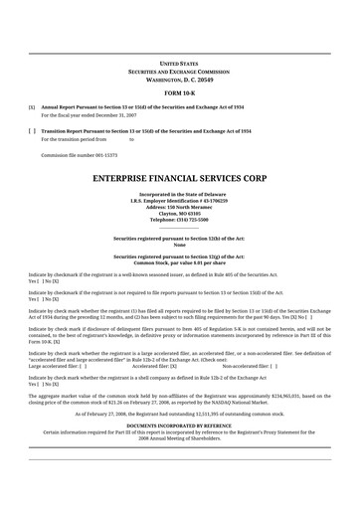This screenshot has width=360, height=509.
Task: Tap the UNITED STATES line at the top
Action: coord(179,62)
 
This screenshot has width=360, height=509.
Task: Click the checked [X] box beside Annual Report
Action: coord(32,105)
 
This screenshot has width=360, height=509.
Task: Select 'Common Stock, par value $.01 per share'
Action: coord(179,262)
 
